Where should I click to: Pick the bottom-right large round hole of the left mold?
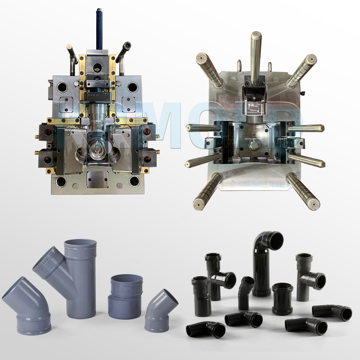click(x=134, y=181)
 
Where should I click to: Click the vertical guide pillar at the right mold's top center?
click(x=256, y=54)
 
